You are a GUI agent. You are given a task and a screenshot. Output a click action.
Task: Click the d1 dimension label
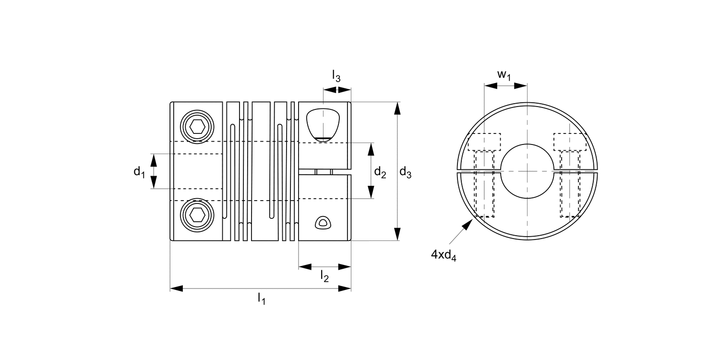(x=139, y=172)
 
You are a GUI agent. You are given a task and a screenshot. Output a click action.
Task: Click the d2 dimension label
(x=380, y=172)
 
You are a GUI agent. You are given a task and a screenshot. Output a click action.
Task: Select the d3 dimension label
(x=406, y=172)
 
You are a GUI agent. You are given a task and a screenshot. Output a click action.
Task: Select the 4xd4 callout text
(x=443, y=255)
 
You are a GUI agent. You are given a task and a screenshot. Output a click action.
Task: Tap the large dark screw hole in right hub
(x=323, y=124)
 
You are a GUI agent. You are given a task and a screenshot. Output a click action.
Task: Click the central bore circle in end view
(x=527, y=171)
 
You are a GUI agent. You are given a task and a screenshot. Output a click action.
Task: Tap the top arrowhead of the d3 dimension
(x=397, y=108)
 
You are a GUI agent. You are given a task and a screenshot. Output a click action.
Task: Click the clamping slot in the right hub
(x=324, y=172)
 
